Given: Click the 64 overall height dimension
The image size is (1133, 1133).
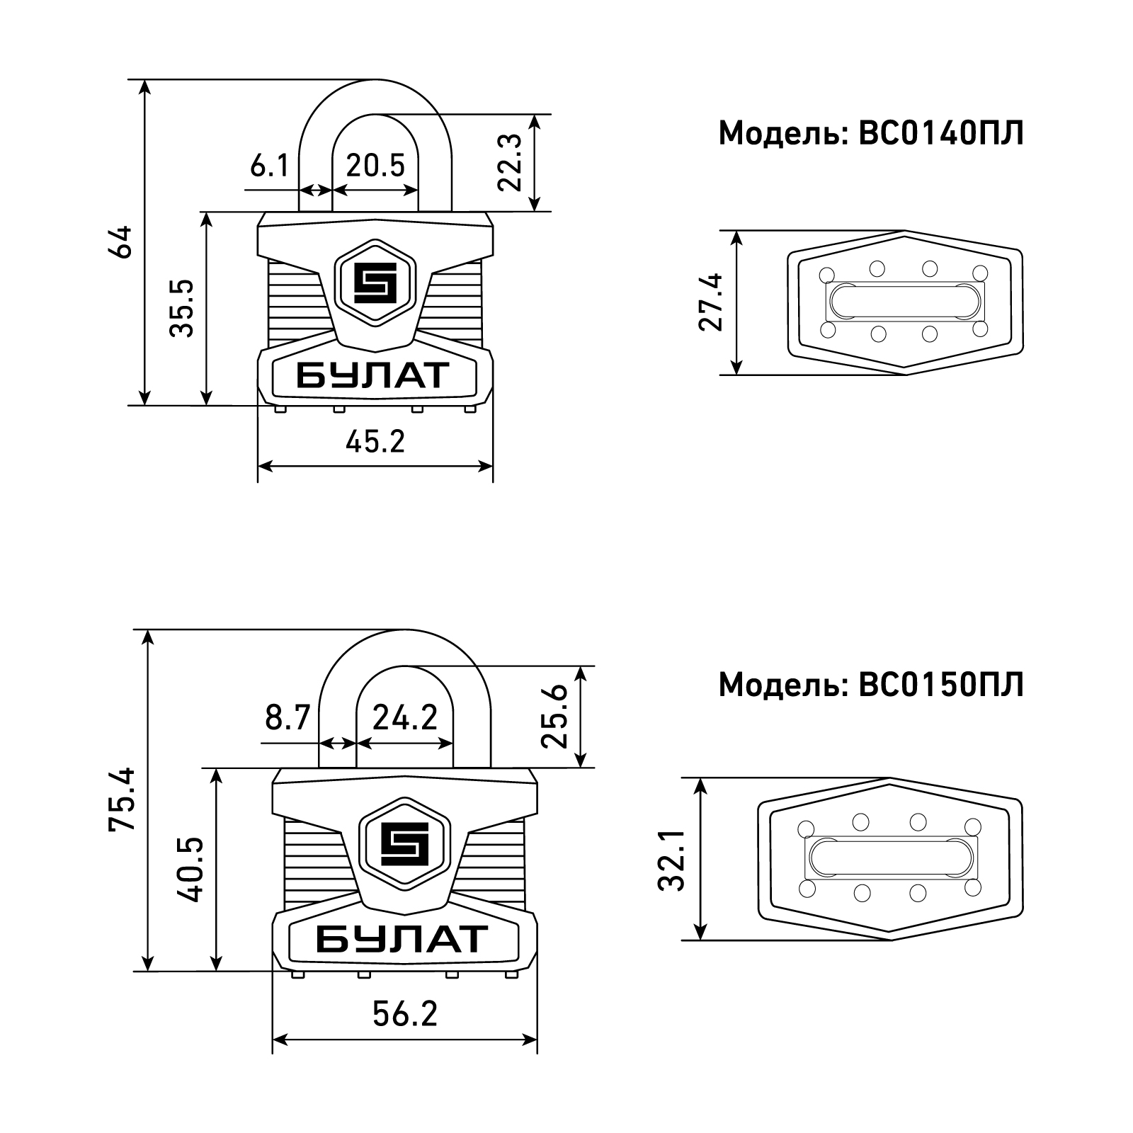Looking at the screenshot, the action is click(x=123, y=242).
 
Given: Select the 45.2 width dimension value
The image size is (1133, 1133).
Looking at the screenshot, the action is click(x=375, y=442).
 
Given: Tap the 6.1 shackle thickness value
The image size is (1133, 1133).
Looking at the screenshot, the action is click(x=270, y=166).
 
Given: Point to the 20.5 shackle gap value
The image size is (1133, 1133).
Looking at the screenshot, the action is click(x=375, y=166).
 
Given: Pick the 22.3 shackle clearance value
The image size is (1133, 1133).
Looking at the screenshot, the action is click(x=509, y=162).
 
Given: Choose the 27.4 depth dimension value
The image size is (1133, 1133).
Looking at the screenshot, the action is click(x=711, y=302).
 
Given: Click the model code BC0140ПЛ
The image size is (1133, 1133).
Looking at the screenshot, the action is click(x=941, y=133).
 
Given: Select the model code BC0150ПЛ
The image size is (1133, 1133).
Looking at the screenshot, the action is click(x=941, y=685).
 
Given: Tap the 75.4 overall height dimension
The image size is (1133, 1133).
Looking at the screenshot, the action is click(x=122, y=799).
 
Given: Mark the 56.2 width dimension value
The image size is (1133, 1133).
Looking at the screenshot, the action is click(x=405, y=1014).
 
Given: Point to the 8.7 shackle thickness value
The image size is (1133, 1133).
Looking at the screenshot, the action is click(x=288, y=719).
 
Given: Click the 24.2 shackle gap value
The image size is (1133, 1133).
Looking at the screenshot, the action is click(x=405, y=719).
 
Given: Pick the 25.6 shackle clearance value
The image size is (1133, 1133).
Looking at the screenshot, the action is click(x=554, y=717).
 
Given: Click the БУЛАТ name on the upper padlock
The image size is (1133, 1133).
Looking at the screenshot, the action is click(x=372, y=375).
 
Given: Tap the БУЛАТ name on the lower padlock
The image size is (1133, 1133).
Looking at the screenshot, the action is click(x=402, y=938).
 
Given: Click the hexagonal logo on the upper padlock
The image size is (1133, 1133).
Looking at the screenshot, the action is click(x=375, y=283).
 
